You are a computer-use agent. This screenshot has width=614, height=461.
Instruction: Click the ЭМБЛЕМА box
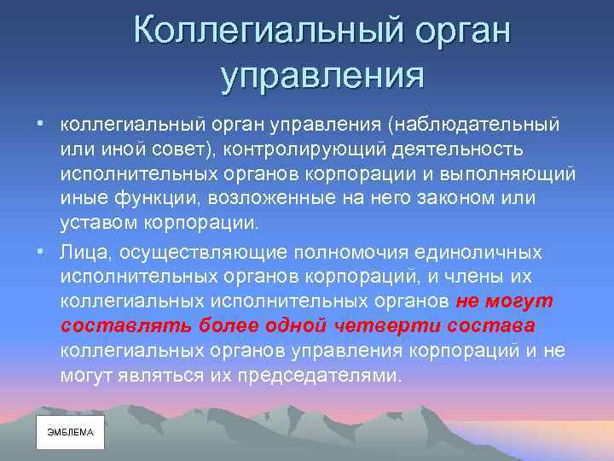[70, 433]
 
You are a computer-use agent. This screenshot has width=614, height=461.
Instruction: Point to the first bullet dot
[40, 125]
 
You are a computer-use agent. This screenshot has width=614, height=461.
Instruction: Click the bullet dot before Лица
[40, 252]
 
